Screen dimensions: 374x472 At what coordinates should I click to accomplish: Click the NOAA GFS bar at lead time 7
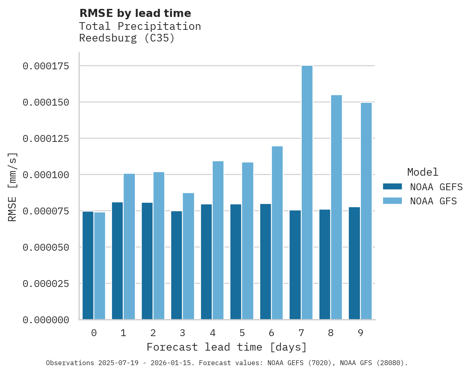coord(307,193)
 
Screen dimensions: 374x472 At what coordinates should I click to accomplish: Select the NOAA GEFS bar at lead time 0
coord(88,266)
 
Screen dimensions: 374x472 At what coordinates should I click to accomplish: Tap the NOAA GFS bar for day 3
coord(188,256)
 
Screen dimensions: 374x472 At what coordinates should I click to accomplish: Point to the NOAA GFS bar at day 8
coord(337,207)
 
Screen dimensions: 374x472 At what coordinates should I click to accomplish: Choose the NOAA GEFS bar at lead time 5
coord(236,262)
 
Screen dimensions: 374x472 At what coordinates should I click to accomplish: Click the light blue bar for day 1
coord(129,247)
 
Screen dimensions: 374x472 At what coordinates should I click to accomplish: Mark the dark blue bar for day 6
coord(265,262)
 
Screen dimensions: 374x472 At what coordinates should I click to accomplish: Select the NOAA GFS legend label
coord(433,201)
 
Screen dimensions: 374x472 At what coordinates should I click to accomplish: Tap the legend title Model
coord(422,172)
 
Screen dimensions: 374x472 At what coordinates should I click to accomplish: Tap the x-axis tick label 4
coord(212,333)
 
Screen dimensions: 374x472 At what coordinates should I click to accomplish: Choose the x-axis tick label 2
coord(153,333)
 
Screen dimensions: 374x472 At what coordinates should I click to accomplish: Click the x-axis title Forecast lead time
coord(226,347)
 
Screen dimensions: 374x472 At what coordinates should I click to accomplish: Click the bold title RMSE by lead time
coord(135,13)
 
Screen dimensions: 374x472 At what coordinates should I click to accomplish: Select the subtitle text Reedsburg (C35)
coord(126,39)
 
